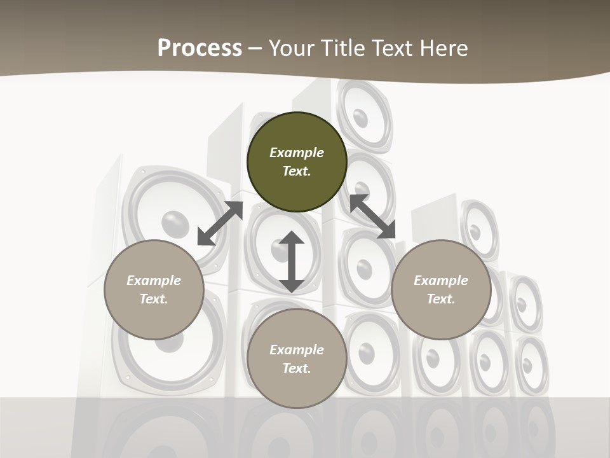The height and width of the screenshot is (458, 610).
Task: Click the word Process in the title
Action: (x=200, y=48)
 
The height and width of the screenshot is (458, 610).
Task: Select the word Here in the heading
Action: (x=444, y=48)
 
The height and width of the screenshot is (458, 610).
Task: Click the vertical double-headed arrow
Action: (x=292, y=261)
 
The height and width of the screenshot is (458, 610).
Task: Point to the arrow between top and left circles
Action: (x=220, y=223)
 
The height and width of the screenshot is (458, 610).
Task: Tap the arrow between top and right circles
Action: (x=372, y=216)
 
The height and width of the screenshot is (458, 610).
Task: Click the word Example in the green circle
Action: (x=296, y=153)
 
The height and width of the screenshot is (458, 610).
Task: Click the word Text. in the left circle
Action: (x=154, y=299)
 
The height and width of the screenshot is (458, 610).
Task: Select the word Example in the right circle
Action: (x=441, y=281)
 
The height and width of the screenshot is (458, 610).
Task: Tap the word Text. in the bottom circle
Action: (x=296, y=368)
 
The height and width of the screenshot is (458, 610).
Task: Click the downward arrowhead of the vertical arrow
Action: (x=292, y=284)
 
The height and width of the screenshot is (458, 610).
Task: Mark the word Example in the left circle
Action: (x=154, y=281)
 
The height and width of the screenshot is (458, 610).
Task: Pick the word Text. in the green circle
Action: (x=296, y=171)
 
